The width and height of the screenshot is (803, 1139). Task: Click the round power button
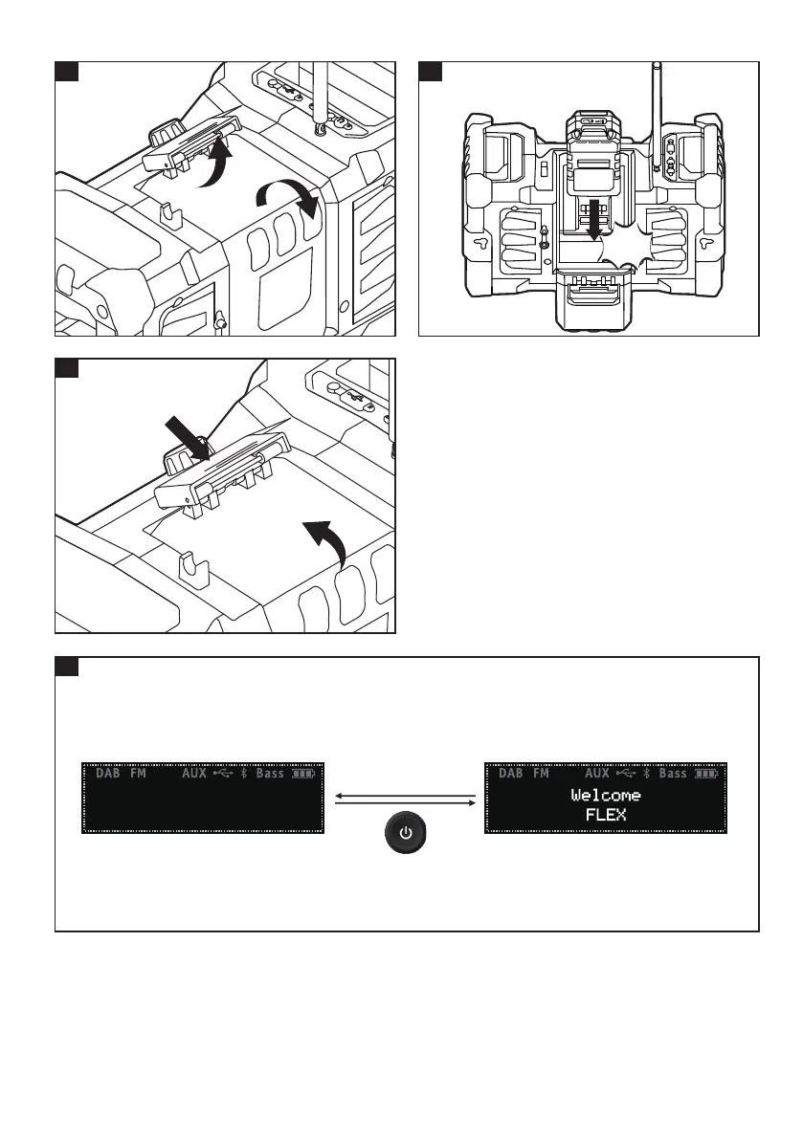point(407,833)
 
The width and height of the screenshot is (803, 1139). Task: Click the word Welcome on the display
point(606,796)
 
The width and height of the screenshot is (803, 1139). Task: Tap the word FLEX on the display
point(606,816)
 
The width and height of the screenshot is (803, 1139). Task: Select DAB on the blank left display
point(108,774)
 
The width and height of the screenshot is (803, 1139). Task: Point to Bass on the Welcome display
point(673,774)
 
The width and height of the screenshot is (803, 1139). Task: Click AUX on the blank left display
point(194,774)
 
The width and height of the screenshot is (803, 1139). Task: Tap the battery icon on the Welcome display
point(707,774)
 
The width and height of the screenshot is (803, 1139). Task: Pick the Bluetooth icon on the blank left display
point(244,774)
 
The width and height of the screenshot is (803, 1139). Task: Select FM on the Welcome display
point(542,774)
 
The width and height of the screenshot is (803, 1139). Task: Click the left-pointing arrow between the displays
point(406,793)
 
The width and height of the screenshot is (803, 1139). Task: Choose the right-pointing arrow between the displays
point(406,804)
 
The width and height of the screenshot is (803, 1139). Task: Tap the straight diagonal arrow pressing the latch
point(185,428)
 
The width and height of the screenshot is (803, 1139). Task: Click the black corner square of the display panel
point(65,666)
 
